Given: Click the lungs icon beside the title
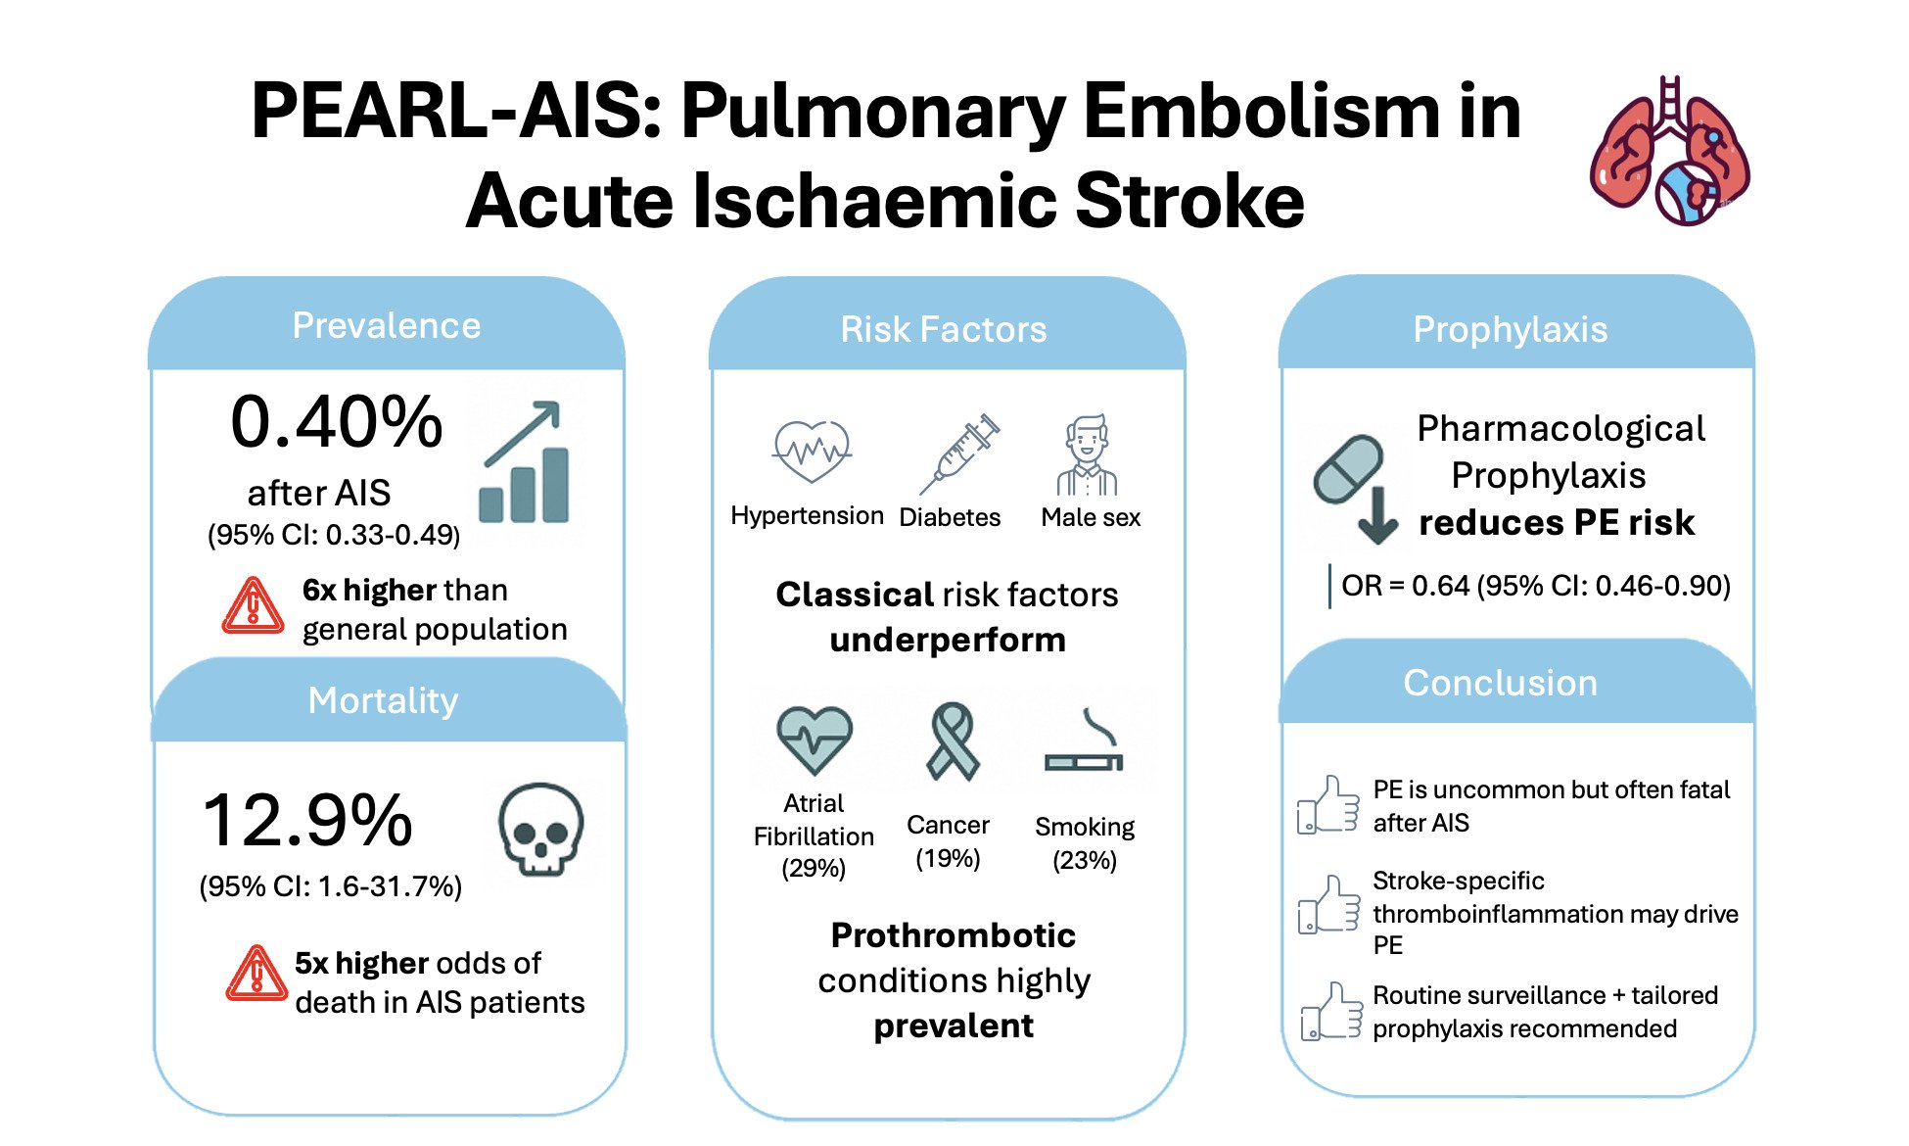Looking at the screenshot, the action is coord(1670,152).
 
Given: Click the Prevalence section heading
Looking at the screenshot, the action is coord(387,326).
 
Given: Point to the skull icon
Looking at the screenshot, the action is coord(540,829).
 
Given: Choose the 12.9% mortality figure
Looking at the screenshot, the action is coord(307,821).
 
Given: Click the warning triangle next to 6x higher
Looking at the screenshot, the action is coord(254,606).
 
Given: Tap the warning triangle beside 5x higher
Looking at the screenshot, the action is coord(256,974).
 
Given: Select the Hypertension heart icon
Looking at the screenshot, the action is coord(812,452).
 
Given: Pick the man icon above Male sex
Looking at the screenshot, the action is coord(1087,455).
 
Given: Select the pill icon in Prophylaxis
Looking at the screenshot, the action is coord(1348,469).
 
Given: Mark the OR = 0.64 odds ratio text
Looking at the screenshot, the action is coord(1535,586).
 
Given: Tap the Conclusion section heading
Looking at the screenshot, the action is coord(1500,684).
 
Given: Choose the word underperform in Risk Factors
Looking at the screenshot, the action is coord(948,641).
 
